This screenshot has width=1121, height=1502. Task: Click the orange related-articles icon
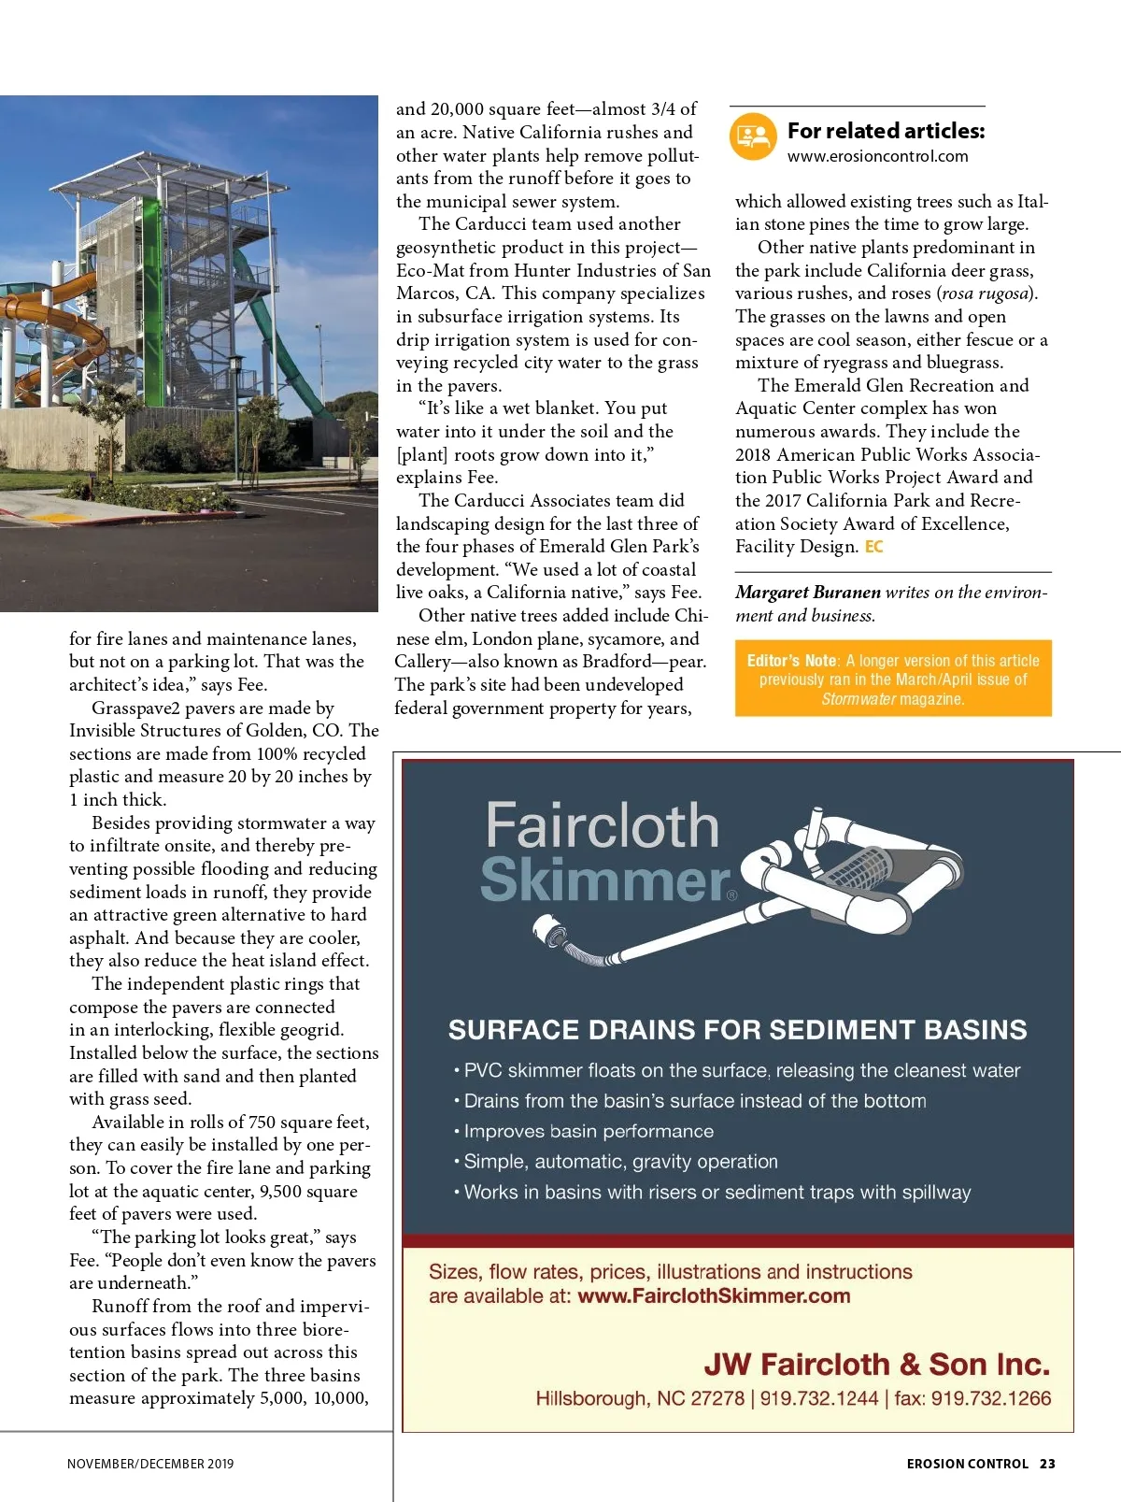pyautogui.click(x=753, y=136)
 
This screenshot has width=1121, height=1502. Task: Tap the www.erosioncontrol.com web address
pyautogui.click(x=877, y=156)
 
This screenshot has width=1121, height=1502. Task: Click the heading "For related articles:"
pyautogui.click(x=886, y=131)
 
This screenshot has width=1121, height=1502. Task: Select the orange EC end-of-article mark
pyautogui.click(x=873, y=547)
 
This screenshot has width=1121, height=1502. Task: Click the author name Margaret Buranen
pyautogui.click(x=808, y=593)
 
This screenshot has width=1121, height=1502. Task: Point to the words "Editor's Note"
pyautogui.click(x=791, y=661)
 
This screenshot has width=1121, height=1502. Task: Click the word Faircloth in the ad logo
pyautogui.click(x=603, y=826)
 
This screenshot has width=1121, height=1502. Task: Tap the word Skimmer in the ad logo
pyautogui.click(x=605, y=880)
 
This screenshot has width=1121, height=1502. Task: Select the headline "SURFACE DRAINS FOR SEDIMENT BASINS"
pyautogui.click(x=737, y=1030)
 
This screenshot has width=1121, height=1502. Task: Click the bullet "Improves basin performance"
pyautogui.click(x=589, y=1131)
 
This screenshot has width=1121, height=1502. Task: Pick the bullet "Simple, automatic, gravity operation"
pyautogui.click(x=620, y=1162)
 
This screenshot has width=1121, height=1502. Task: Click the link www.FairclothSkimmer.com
pyautogui.click(x=714, y=1296)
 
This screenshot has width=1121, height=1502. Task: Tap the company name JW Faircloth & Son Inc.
pyautogui.click(x=876, y=1365)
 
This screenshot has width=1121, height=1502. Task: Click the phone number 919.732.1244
pyautogui.click(x=819, y=1399)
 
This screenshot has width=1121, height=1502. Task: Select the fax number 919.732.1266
pyautogui.click(x=990, y=1399)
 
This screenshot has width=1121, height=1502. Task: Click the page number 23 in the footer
pyautogui.click(x=1047, y=1464)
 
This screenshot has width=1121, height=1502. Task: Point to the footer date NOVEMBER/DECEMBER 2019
pyautogui.click(x=150, y=1464)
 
